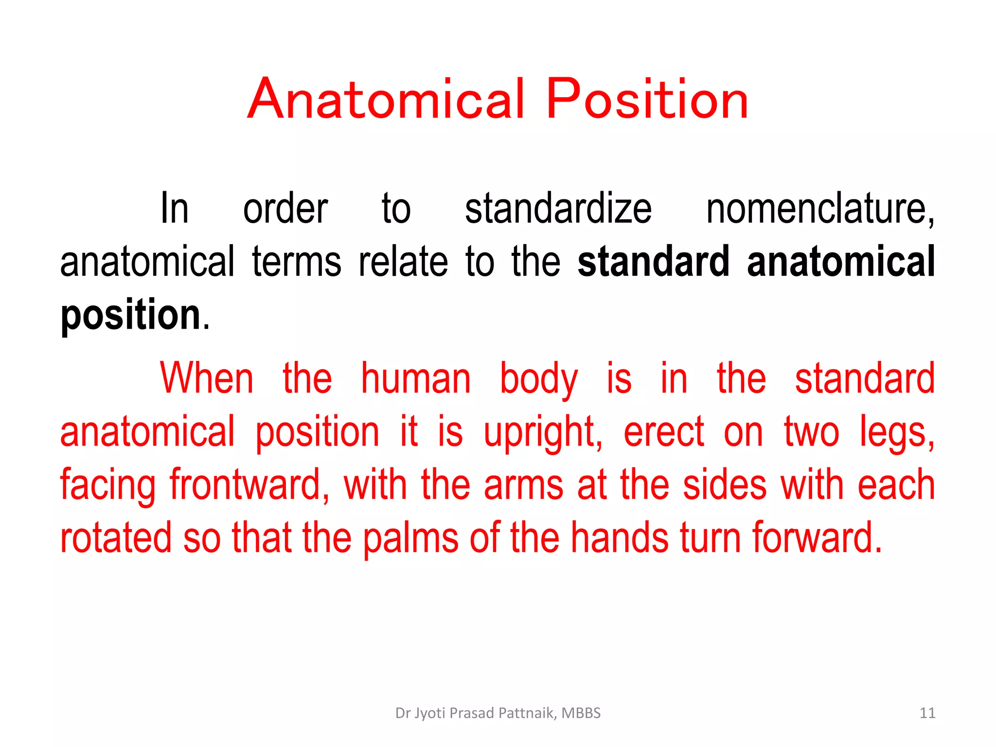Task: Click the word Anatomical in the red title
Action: tap(387, 100)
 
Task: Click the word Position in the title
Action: tap(647, 100)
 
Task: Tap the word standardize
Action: tap(558, 209)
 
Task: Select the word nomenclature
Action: tap(820, 209)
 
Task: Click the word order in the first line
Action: tap(285, 209)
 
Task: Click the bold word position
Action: tap(130, 315)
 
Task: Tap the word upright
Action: tap(542, 433)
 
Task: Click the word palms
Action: tap(410, 538)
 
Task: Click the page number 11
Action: tap(927, 713)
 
